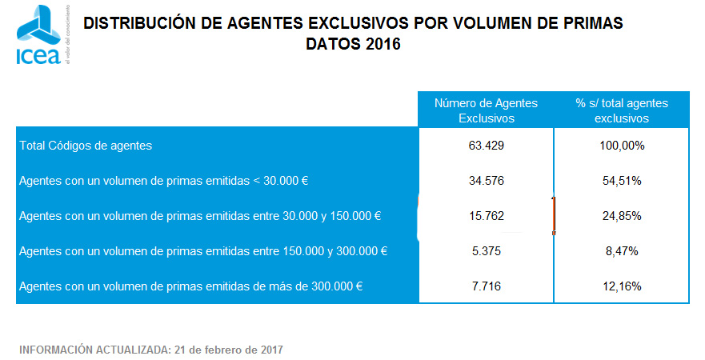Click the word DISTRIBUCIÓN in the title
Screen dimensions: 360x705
pyautogui.click(x=134, y=24)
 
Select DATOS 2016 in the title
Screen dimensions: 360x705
pyautogui.click(x=353, y=44)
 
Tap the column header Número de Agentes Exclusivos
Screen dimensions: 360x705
pyautogui.click(x=486, y=110)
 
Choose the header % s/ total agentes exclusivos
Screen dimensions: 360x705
pyautogui.click(x=621, y=110)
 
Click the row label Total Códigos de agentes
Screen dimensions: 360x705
pyautogui.click(x=86, y=146)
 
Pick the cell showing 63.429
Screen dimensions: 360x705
pyautogui.click(x=486, y=146)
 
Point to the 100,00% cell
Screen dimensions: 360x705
pyautogui.click(x=621, y=146)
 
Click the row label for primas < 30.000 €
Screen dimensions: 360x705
pyautogui.click(x=164, y=181)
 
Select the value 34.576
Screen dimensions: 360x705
pyautogui.click(x=486, y=181)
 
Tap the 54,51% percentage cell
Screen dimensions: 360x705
pyautogui.click(x=621, y=181)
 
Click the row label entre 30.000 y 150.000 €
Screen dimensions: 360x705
pyautogui.click(x=200, y=216)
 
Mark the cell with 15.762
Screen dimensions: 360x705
pyautogui.click(x=486, y=216)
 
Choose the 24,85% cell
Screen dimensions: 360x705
pyautogui.click(x=621, y=216)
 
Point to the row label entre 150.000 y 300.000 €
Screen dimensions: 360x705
pyautogui.click(x=203, y=250)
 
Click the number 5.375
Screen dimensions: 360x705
pyautogui.click(x=486, y=250)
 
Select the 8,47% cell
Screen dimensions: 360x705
pyautogui.click(x=621, y=250)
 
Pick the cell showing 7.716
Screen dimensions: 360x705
pyautogui.click(x=486, y=286)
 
